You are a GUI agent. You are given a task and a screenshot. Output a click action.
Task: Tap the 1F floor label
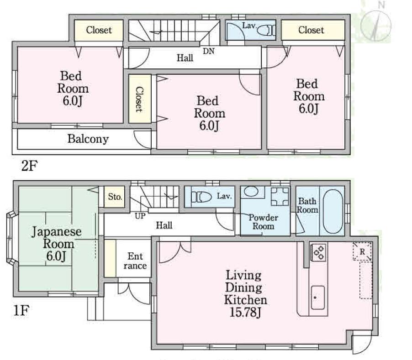click(21, 313)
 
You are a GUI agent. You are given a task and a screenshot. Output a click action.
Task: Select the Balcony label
click(88, 139)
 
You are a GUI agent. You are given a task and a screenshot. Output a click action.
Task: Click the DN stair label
click(209, 51)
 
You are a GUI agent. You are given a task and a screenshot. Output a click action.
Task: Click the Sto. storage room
click(115, 197)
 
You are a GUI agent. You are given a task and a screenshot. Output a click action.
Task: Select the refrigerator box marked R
click(362, 251)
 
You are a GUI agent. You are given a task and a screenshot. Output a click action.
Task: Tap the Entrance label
click(135, 261)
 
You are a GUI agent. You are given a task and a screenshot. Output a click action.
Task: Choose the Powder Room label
click(264, 222)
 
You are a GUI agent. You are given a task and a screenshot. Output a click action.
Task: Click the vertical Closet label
click(139, 99)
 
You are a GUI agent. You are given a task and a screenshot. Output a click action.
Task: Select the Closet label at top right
click(311, 30)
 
